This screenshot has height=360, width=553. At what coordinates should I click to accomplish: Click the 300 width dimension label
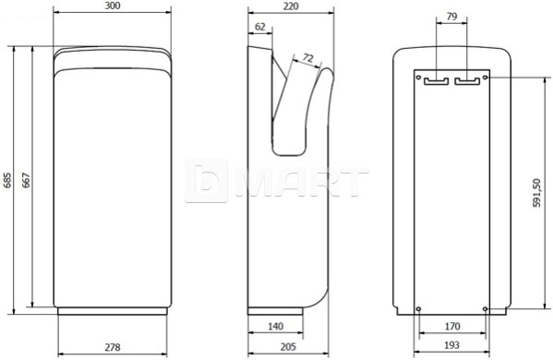pos(113,6)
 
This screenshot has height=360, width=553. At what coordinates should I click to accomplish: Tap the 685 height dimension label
pos(7,180)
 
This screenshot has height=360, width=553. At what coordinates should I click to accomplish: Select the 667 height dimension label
pos(26,180)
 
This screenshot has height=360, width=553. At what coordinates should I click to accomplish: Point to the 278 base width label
pos(113,347)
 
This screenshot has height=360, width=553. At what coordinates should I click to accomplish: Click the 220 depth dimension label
pos(291,6)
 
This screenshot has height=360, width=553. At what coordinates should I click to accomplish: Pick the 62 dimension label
pos(260,27)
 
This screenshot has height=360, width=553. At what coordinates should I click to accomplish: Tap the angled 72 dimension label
pos(307,58)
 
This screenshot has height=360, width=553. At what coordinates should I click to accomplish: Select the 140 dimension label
pos(275,326)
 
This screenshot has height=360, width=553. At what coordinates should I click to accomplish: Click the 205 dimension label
pos(288,347)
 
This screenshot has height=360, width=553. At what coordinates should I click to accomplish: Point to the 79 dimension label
pos(451,17)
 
